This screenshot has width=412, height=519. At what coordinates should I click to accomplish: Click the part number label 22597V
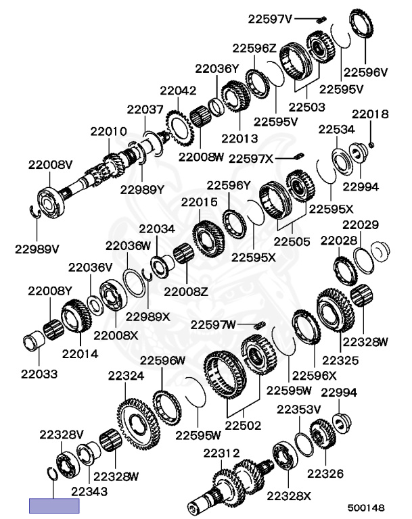[270, 19]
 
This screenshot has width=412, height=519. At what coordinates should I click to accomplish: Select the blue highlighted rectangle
[54, 505]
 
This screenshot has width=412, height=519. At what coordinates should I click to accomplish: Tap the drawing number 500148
[366, 508]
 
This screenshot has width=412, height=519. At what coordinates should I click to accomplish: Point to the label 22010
[109, 131]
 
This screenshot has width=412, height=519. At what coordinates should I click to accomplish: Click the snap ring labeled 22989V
[35, 212]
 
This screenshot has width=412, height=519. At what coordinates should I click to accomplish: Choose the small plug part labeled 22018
[371, 145]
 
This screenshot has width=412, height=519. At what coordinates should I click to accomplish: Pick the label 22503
[307, 107]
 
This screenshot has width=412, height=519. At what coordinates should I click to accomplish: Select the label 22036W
[129, 245]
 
